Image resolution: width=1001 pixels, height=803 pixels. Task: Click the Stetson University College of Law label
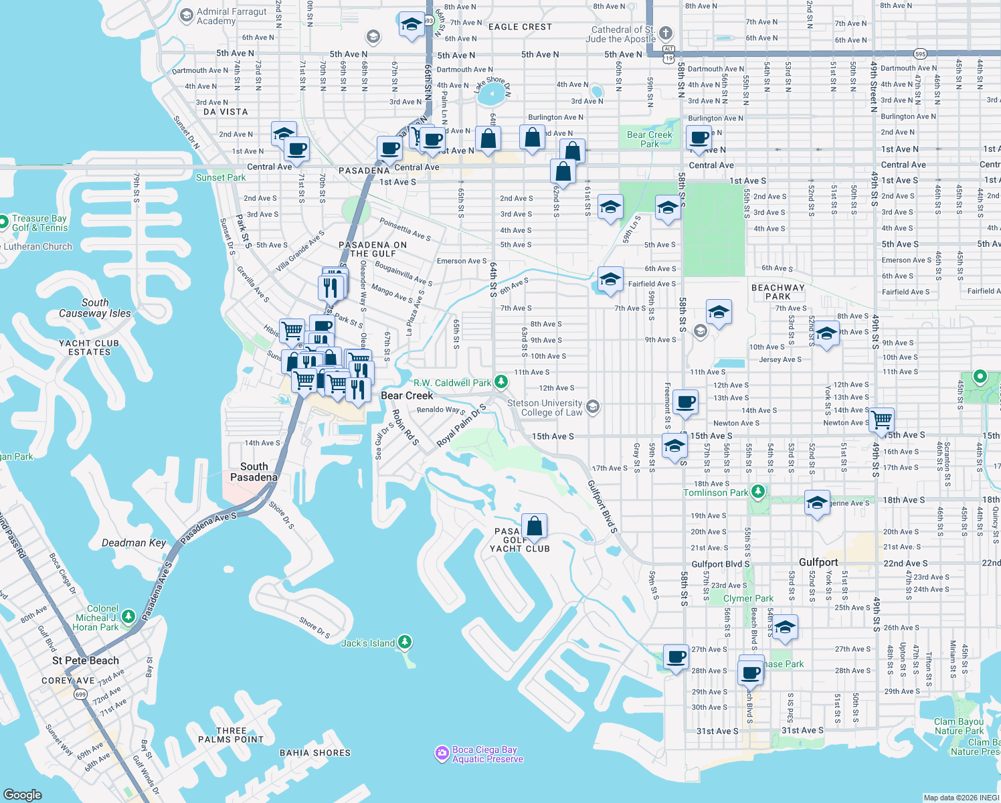pos(545,408)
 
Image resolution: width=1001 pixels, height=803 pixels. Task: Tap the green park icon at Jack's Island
pos(404,642)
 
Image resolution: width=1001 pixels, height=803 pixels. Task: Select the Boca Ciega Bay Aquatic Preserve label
pos(487,754)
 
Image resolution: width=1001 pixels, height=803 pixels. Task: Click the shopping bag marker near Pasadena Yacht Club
pos(534,527)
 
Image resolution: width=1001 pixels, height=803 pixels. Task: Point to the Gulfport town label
pos(818,562)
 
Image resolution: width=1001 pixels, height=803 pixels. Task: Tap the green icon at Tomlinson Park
pos(757,492)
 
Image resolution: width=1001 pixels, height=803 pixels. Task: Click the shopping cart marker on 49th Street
pos(881,420)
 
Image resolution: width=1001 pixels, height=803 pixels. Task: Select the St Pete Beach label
pos(86,660)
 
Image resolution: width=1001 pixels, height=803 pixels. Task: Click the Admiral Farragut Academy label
pos(232,16)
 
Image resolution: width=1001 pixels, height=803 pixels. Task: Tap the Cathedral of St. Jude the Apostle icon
pos(665,33)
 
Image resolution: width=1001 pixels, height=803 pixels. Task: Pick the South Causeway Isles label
pos(95,308)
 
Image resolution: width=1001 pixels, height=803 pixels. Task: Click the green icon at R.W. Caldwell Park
pos(500,382)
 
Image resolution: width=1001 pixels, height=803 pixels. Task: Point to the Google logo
pos(22,794)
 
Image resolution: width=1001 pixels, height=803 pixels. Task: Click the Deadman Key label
pos(134,543)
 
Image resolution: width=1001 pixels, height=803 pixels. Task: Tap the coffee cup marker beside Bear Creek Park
pos(699,139)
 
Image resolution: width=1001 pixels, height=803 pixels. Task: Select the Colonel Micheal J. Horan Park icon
pos(128,616)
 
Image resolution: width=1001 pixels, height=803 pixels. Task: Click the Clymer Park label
pos(748,598)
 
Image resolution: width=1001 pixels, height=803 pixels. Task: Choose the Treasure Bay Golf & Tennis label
pos(39,223)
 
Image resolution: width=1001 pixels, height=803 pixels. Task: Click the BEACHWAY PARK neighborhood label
pos(778,292)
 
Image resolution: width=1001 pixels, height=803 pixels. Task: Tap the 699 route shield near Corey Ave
pos(80,694)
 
